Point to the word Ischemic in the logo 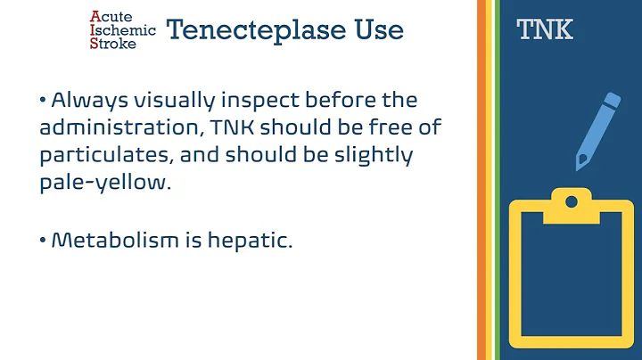tap(124, 29)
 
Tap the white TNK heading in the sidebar tap(545, 31)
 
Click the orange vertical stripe tap(482, 178)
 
